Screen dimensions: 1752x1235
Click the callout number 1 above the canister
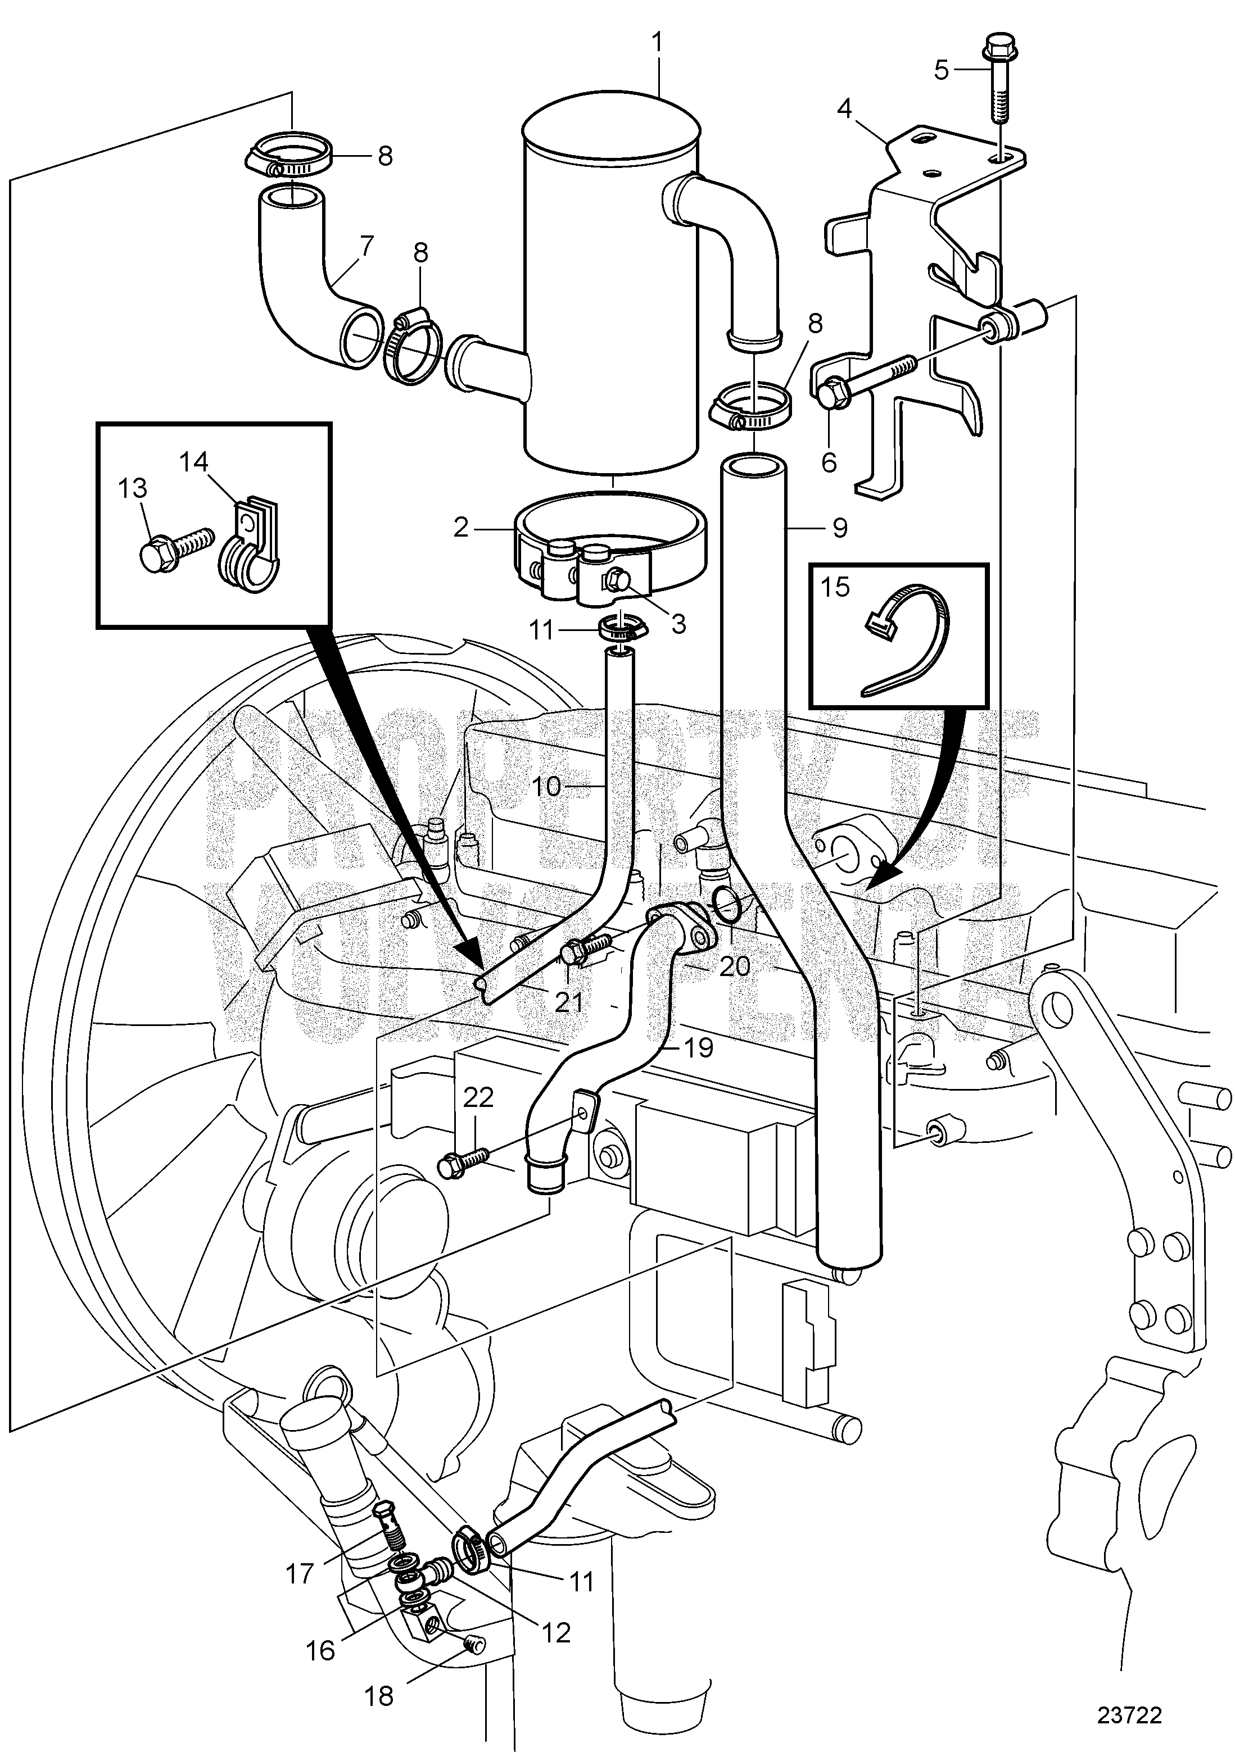(x=658, y=41)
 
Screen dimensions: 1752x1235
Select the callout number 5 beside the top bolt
(x=941, y=70)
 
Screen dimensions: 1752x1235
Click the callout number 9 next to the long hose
(x=840, y=528)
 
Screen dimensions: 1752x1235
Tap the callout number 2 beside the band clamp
(x=460, y=527)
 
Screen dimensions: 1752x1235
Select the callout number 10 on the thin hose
(x=546, y=786)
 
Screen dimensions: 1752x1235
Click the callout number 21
(x=569, y=1001)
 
